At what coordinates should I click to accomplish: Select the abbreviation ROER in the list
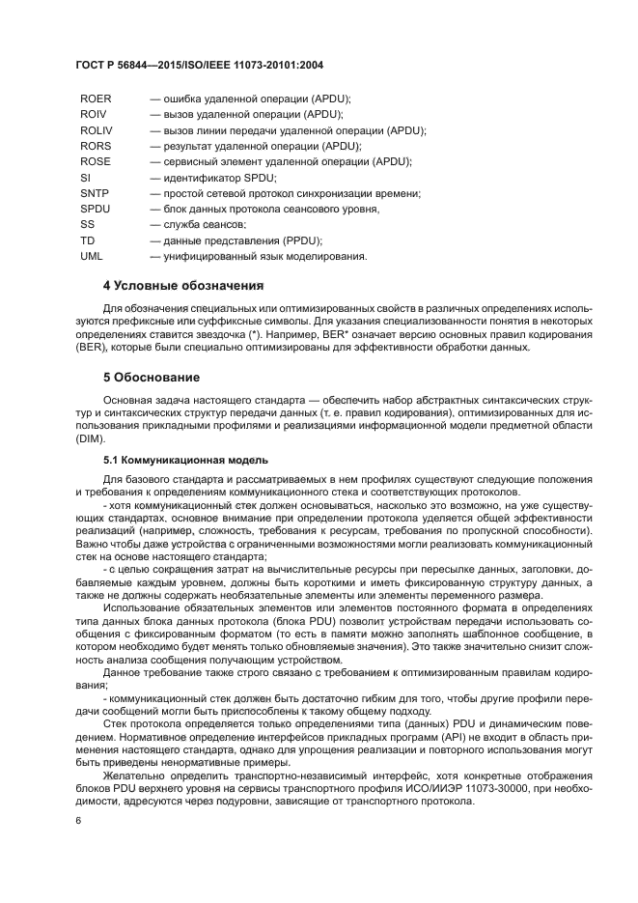point(97,99)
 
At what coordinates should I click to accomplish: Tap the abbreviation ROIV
point(94,114)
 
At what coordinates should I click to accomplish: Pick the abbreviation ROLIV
point(97,130)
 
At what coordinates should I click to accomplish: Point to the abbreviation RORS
point(97,146)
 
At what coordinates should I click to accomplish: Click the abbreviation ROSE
point(97,161)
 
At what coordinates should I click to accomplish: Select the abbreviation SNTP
point(95,193)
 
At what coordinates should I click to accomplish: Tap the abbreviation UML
point(92,256)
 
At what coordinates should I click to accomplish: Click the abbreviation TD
point(88,240)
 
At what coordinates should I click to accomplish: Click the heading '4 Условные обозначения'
point(182,287)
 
